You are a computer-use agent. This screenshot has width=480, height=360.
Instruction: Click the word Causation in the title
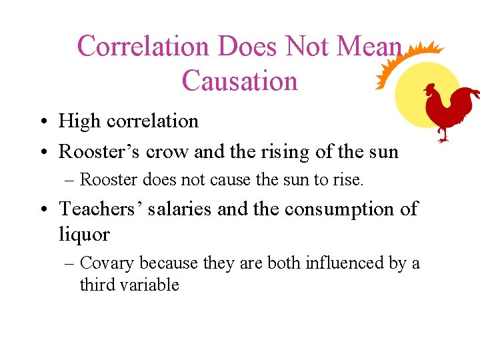[239, 81]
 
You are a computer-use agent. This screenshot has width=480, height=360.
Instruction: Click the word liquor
[85, 234]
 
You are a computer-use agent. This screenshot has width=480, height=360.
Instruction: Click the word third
[96, 285]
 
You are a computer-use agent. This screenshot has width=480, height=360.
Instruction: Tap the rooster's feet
[442, 137]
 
